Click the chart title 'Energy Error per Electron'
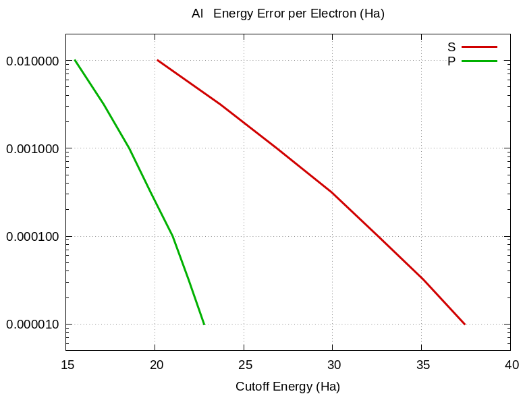click(298, 13)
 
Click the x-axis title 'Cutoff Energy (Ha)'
click(287, 387)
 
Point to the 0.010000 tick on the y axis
click(32, 61)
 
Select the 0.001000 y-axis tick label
click(32, 149)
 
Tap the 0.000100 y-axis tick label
click(32, 237)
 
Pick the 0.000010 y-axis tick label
click(32, 324)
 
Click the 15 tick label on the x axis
click(66, 365)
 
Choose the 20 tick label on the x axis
click(155, 365)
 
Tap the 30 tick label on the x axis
click(333, 365)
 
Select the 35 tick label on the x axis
click(422, 365)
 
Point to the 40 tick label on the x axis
click(511, 365)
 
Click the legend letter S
click(451, 47)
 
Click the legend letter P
click(451, 61)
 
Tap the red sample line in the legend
click(479, 47)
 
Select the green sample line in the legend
click(479, 61)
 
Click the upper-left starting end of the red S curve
click(157, 60)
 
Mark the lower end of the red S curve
click(465, 324)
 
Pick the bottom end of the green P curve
click(204, 324)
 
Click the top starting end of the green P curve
click(74, 60)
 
